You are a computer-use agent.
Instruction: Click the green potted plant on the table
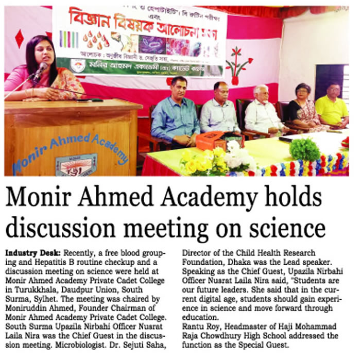pos(304,149)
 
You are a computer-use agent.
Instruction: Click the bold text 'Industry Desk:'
pos(33,253)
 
